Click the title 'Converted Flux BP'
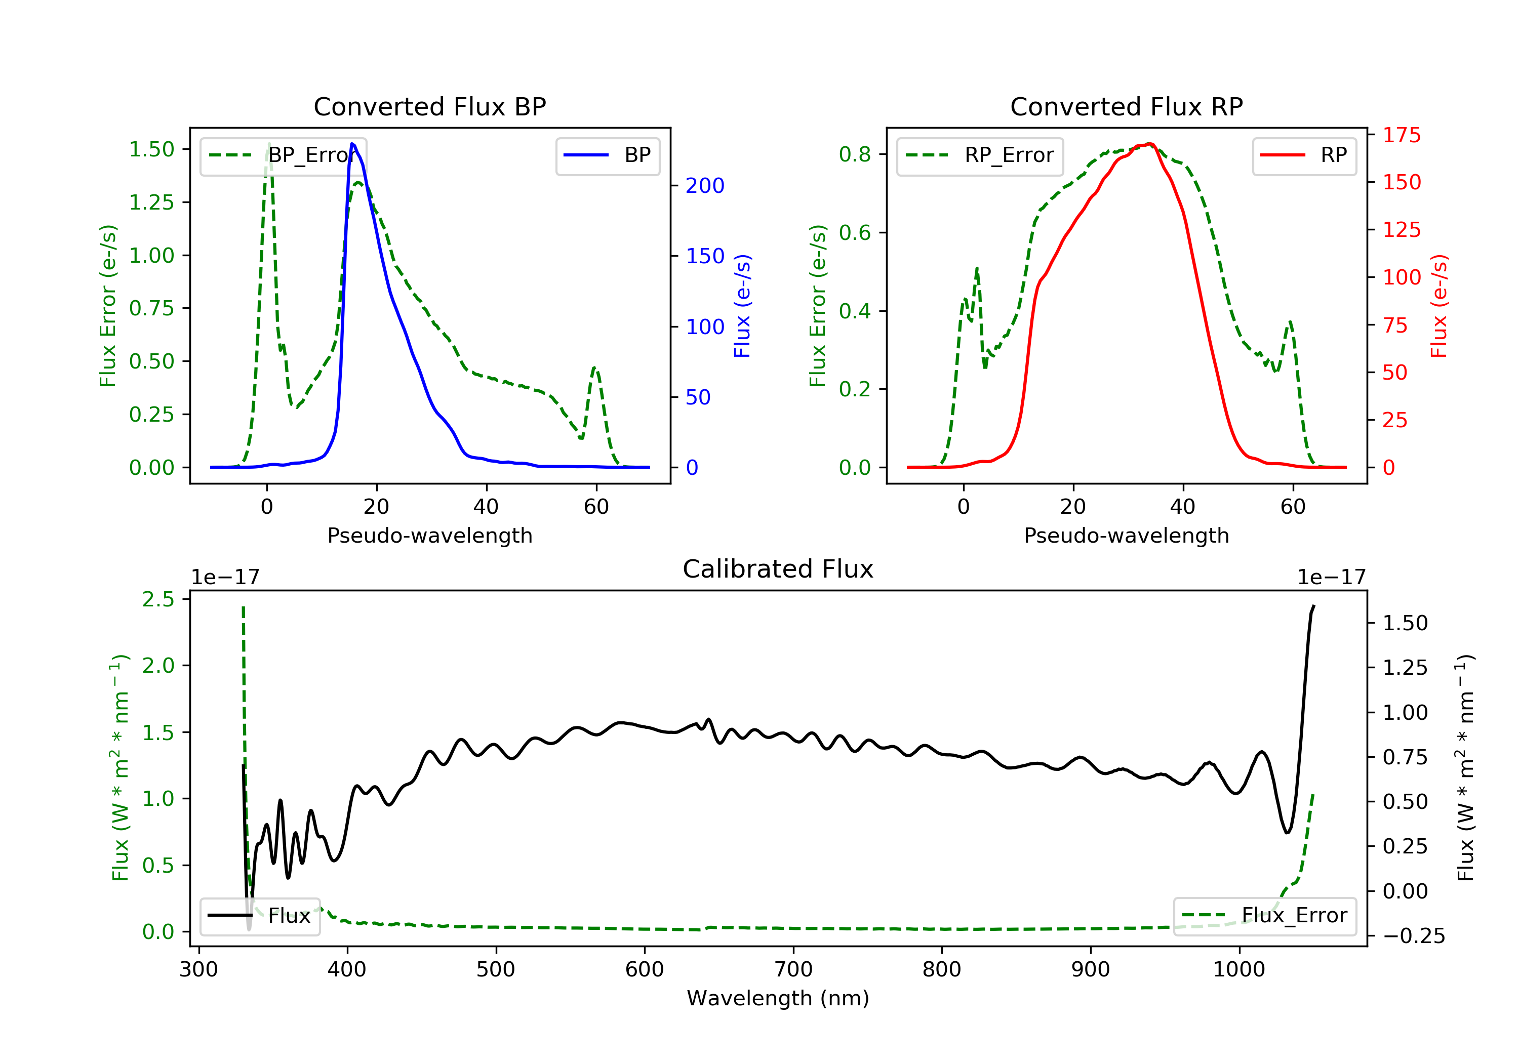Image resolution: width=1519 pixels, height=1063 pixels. [429, 106]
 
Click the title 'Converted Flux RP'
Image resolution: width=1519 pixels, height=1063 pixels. [1126, 106]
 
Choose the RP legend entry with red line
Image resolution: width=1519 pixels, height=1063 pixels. [1304, 155]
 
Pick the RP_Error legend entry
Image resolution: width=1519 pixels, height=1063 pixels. [980, 155]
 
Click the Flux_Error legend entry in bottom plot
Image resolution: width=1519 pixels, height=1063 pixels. [1264, 916]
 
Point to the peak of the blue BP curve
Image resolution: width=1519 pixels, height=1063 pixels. [352, 144]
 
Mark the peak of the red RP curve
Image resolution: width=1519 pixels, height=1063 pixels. [1150, 144]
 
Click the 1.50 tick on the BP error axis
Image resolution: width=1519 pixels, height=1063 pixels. [151, 149]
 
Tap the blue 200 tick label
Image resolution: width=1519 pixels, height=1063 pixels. [705, 186]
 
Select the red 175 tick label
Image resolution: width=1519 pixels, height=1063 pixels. [1401, 135]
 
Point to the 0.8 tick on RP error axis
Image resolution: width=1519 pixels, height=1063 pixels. [854, 154]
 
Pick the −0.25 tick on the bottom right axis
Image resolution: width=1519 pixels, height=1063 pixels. [1414, 936]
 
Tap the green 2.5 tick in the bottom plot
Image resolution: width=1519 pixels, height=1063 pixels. [158, 599]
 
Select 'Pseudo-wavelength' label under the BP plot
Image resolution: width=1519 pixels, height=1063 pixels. [429, 535]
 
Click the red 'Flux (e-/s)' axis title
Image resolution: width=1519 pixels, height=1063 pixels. [1439, 306]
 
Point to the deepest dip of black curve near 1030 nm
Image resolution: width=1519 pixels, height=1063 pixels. [1287, 833]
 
